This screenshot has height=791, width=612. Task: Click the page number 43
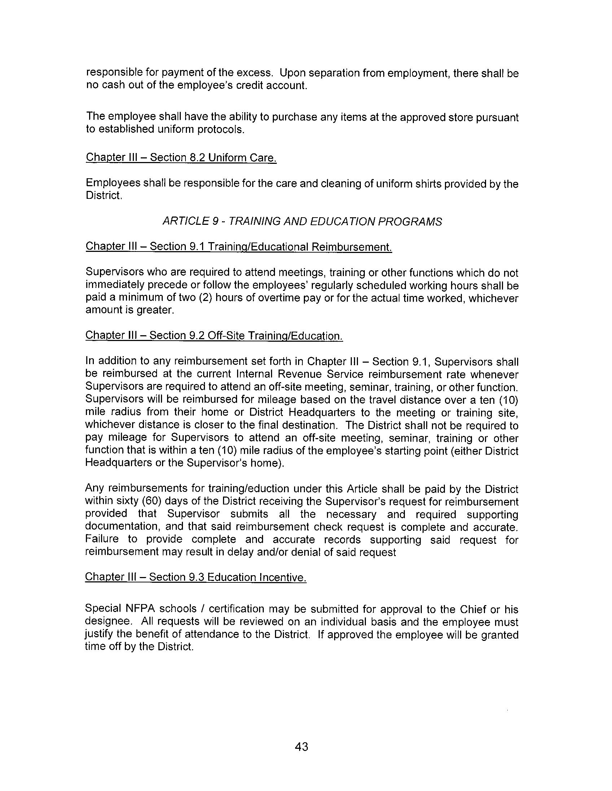[301, 747]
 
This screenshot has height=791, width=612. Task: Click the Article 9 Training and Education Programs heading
[302, 221]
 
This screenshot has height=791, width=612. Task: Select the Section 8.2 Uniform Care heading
[181, 158]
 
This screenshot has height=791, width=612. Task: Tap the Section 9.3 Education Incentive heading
[196, 577]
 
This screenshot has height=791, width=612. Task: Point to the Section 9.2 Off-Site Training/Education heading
[214, 335]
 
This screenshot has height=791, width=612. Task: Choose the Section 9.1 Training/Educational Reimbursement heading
[239, 246]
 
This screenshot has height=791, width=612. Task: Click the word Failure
[102, 539]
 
